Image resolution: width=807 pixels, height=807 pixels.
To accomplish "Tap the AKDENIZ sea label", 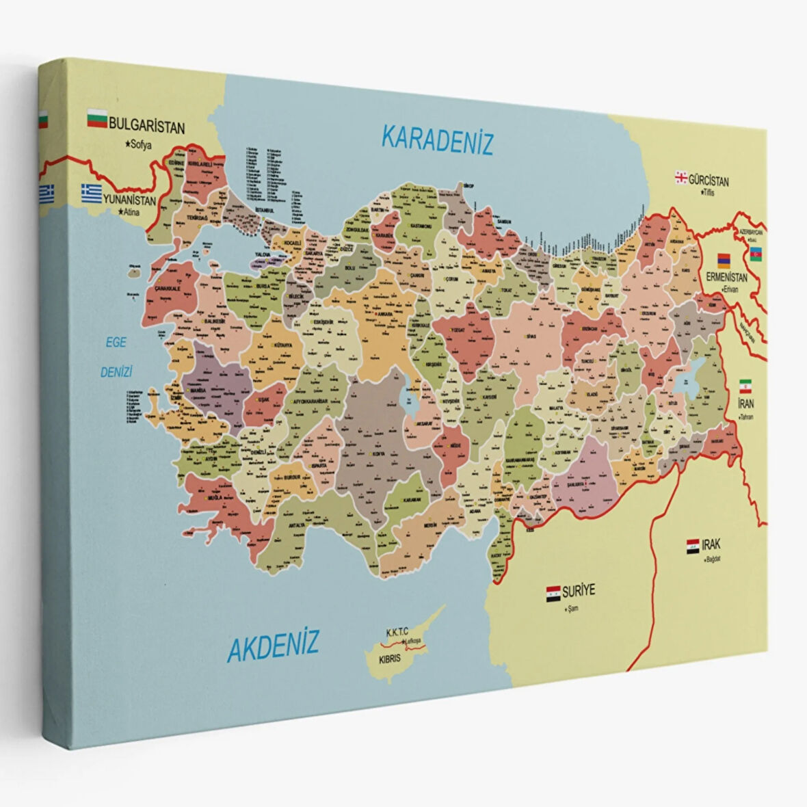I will click(x=273, y=645).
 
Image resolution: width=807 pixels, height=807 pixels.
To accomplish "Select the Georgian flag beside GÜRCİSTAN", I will click(x=680, y=178).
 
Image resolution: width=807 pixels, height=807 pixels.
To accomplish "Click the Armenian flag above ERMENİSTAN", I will click(x=724, y=261).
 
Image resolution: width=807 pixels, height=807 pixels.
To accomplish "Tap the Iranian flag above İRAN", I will click(x=746, y=386).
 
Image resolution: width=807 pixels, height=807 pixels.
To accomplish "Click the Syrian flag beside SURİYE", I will click(x=553, y=593).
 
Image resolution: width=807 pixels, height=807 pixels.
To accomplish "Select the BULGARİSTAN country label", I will click(x=147, y=127).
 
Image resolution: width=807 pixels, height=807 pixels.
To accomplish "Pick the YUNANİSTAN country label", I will click(x=130, y=200).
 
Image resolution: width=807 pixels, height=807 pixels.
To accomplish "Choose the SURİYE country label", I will click(x=580, y=590).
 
